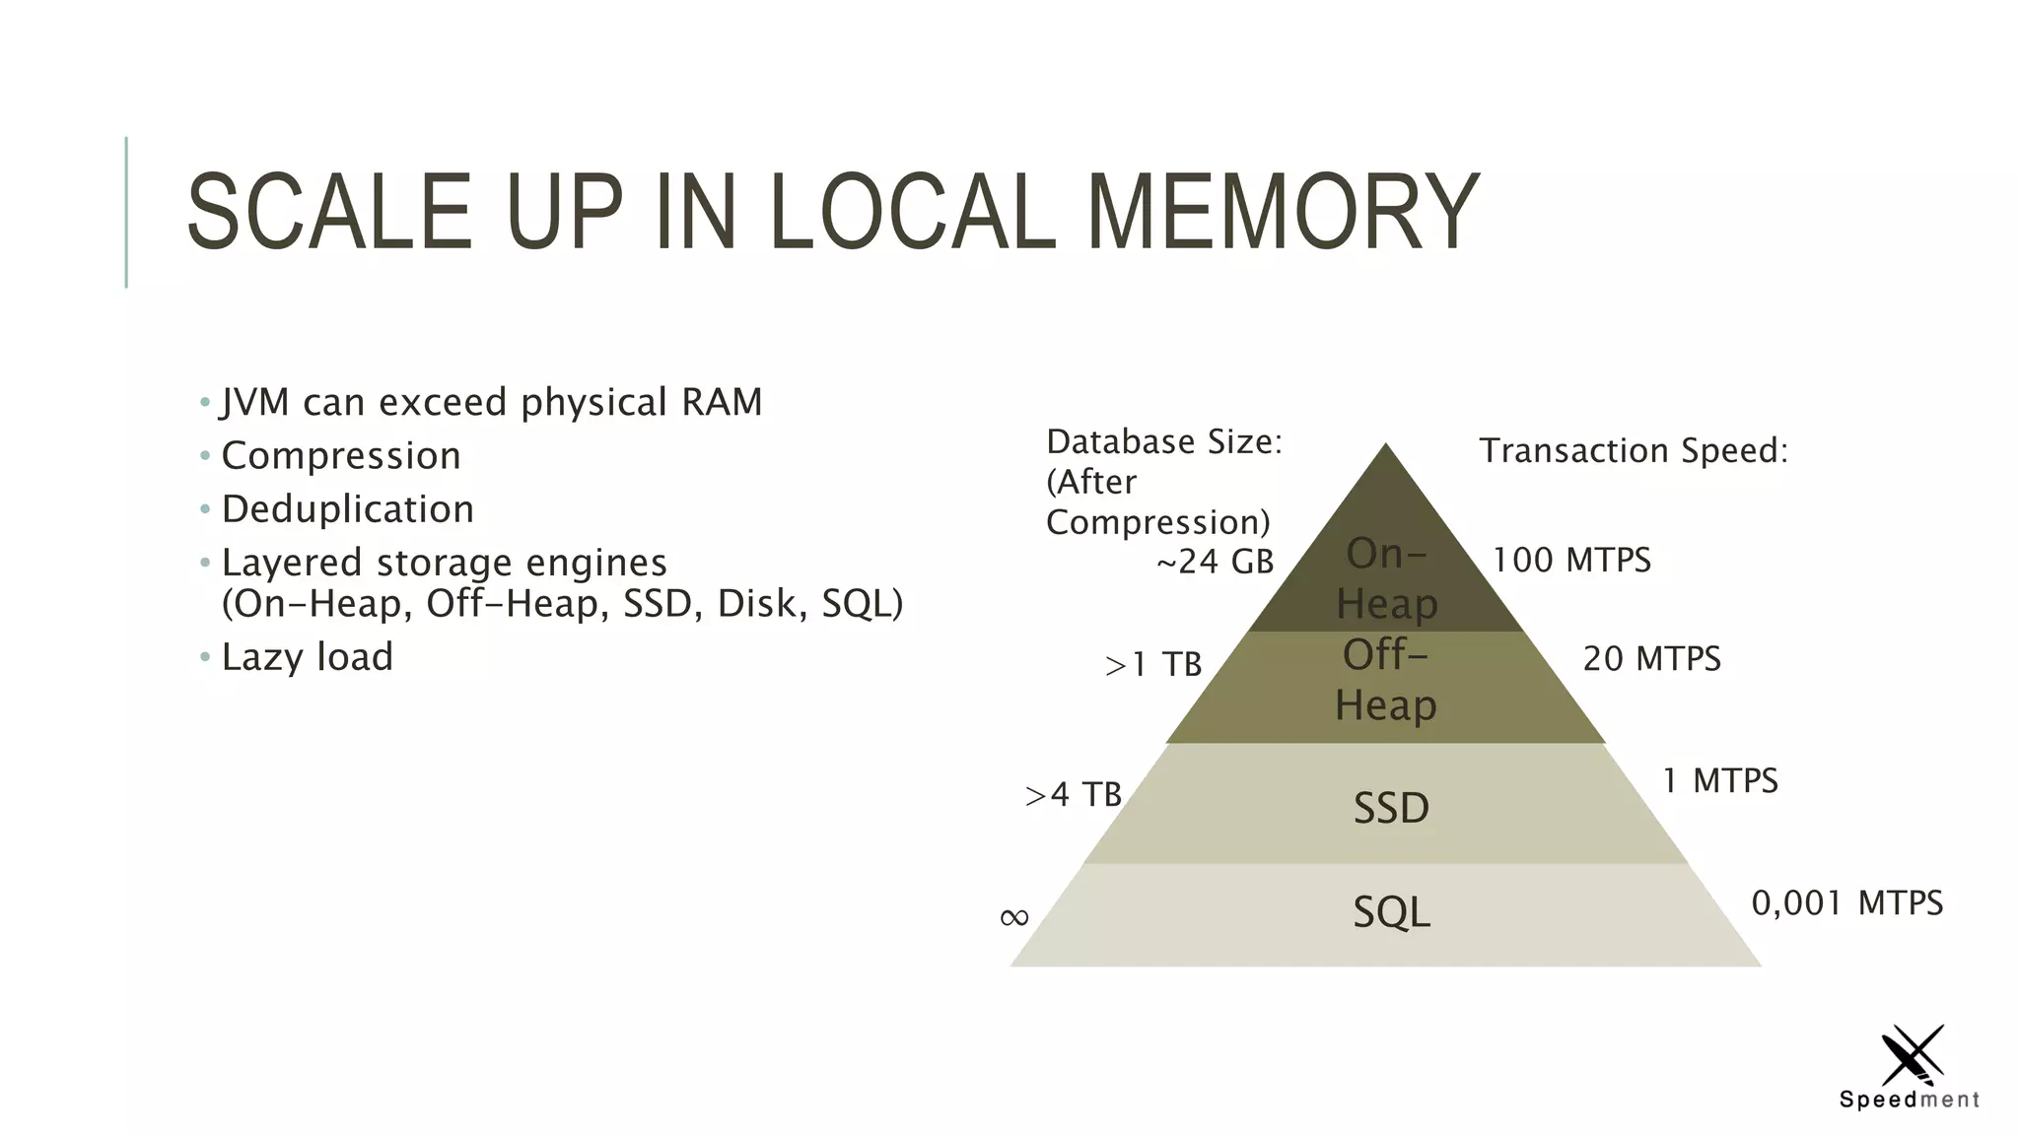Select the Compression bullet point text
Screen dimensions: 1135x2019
[341, 456]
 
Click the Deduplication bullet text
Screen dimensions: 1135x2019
[347, 509]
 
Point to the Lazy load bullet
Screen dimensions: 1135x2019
[307, 657]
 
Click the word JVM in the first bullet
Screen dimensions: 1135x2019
[255, 402]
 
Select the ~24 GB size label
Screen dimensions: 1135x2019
[1215, 562]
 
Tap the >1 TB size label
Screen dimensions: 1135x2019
[1152, 665]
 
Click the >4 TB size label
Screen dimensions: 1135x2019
[1073, 794]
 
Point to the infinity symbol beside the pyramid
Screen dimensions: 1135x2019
[1013, 918]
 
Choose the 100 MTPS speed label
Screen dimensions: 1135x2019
[1571, 561]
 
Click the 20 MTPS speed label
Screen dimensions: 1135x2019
[1651, 659]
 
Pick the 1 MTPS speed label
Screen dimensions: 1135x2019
[1720, 781]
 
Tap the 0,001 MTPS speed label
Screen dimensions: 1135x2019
[1846, 903]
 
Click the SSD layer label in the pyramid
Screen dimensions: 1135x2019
[1391, 809]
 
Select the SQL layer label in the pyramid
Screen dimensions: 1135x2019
[1391, 912]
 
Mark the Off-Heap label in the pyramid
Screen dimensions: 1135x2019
[1386, 681]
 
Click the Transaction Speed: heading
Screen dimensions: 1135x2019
[1633, 451]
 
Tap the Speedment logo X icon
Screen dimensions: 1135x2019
[1913, 1055]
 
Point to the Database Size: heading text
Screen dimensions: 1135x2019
[1163, 442]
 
